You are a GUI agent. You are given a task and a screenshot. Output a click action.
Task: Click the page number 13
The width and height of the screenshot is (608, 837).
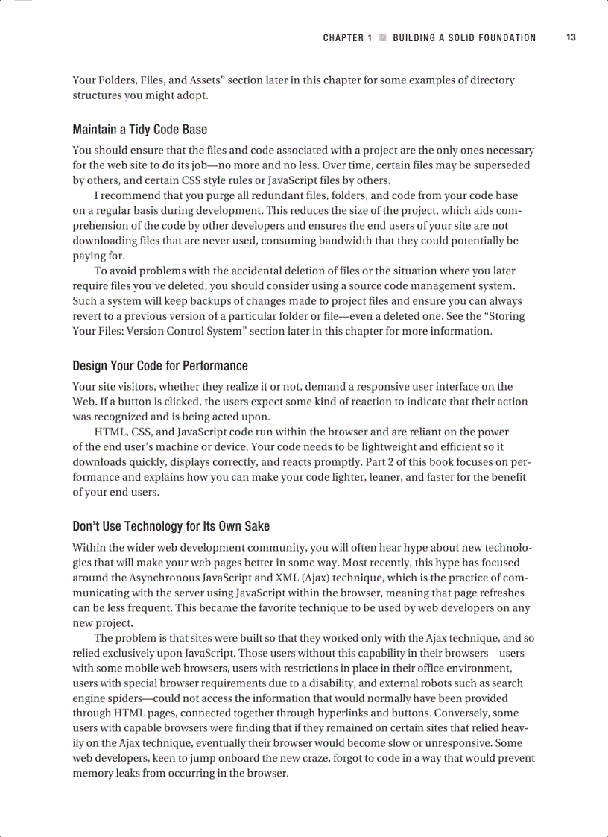click(x=571, y=37)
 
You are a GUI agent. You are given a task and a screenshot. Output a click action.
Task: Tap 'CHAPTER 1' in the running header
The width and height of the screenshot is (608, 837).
click(x=347, y=38)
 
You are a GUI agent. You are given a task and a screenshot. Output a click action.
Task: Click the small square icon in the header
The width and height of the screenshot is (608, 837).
click(x=382, y=38)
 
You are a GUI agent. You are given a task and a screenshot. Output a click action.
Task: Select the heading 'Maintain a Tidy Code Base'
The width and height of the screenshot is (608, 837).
click(x=139, y=130)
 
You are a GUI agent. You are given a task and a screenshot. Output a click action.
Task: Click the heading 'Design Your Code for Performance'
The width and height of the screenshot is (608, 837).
click(x=159, y=366)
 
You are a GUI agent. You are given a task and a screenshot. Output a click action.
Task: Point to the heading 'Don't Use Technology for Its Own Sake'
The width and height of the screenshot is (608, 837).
click(x=171, y=527)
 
